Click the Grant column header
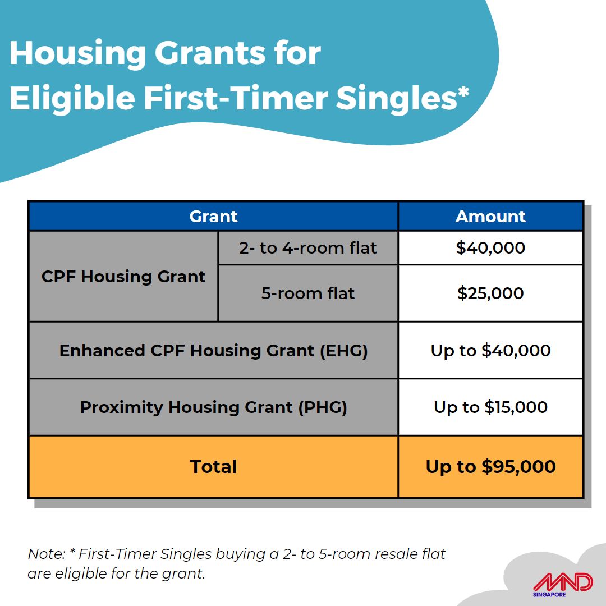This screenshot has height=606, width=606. (213, 217)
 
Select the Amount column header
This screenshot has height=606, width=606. (490, 217)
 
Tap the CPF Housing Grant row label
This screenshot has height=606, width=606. (123, 277)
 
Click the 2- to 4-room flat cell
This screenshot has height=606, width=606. (307, 248)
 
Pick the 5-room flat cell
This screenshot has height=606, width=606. (307, 293)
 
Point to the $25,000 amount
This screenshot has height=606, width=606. (490, 293)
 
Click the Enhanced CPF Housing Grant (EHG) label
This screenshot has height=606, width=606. (213, 351)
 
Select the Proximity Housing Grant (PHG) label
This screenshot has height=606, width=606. (213, 407)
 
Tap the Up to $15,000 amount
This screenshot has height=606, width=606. (490, 407)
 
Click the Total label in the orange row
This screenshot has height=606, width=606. (213, 467)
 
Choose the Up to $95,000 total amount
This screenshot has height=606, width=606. (490, 467)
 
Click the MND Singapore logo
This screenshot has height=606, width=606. (562, 585)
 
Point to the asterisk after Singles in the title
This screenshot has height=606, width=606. (463, 93)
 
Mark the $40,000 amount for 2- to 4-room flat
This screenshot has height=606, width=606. (490, 248)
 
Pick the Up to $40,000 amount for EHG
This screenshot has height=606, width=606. (490, 351)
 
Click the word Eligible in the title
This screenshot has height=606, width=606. (72, 99)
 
